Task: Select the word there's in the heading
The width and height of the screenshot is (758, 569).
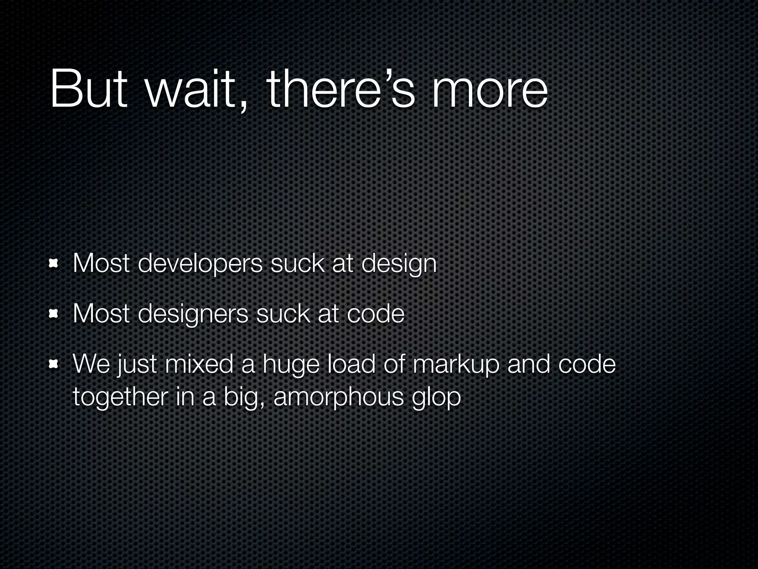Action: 341,90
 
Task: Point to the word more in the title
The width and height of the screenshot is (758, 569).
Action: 489,90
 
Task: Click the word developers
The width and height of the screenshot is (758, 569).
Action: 200,264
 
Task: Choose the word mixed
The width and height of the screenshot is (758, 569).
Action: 199,364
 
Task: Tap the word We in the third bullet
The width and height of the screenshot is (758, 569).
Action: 91,364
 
